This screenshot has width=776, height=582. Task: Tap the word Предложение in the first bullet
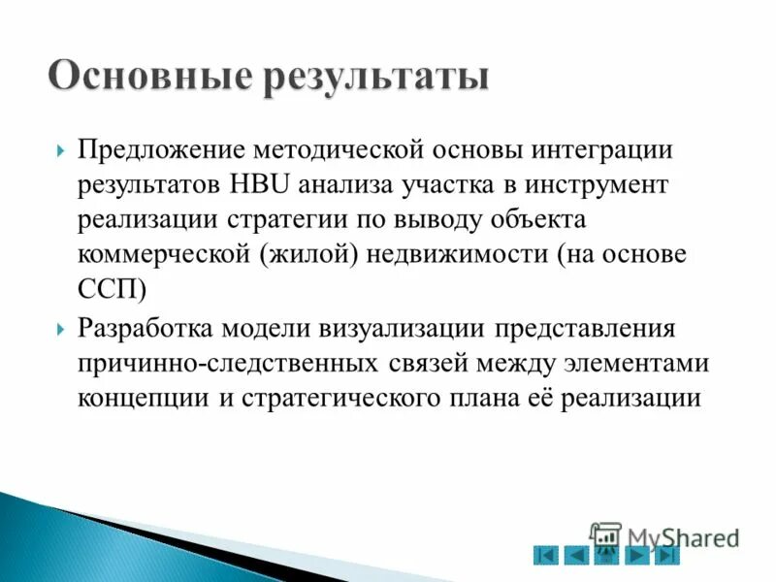click(163, 151)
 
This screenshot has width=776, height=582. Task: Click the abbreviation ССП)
click(113, 288)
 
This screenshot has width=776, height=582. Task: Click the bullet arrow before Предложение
click(61, 152)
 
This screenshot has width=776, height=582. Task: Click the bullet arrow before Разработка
click(61, 329)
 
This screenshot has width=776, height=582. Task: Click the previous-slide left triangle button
click(576, 556)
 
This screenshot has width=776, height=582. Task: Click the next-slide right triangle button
click(637, 556)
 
